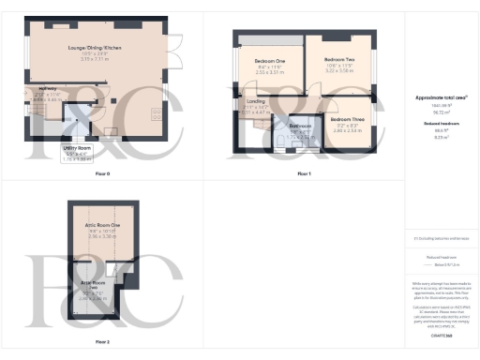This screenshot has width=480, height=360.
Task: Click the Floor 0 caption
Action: click(x=102, y=175)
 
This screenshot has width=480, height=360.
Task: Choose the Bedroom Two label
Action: click(x=337, y=59)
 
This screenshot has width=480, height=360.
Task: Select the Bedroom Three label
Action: click(x=346, y=120)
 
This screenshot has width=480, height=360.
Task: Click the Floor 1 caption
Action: click(x=302, y=175)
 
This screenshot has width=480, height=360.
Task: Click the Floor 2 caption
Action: click(x=102, y=341)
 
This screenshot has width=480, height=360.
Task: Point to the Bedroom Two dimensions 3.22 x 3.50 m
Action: click(x=337, y=70)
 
